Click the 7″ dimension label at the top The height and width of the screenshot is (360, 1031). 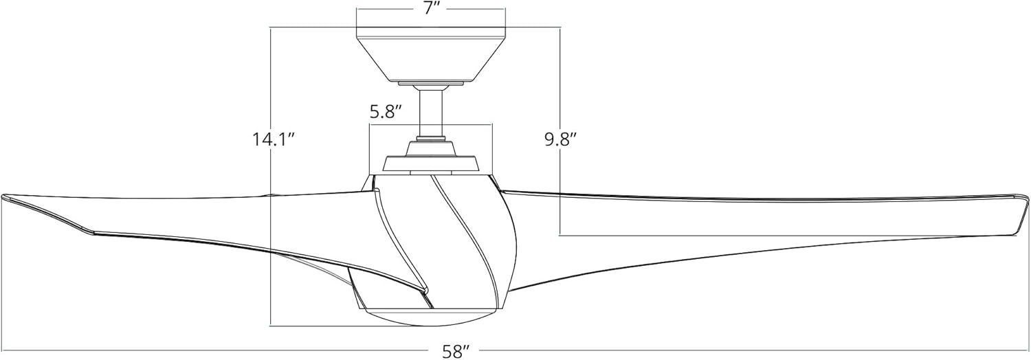coord(431,10)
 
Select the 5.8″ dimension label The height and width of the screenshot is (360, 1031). coord(386,112)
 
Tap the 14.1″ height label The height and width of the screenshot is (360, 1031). coord(272,139)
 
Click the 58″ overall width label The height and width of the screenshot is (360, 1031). coord(455,351)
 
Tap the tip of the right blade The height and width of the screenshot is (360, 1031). coord(1025,206)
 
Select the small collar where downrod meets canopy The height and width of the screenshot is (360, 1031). coord(431,85)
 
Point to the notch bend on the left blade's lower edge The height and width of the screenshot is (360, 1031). coord(93,232)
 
